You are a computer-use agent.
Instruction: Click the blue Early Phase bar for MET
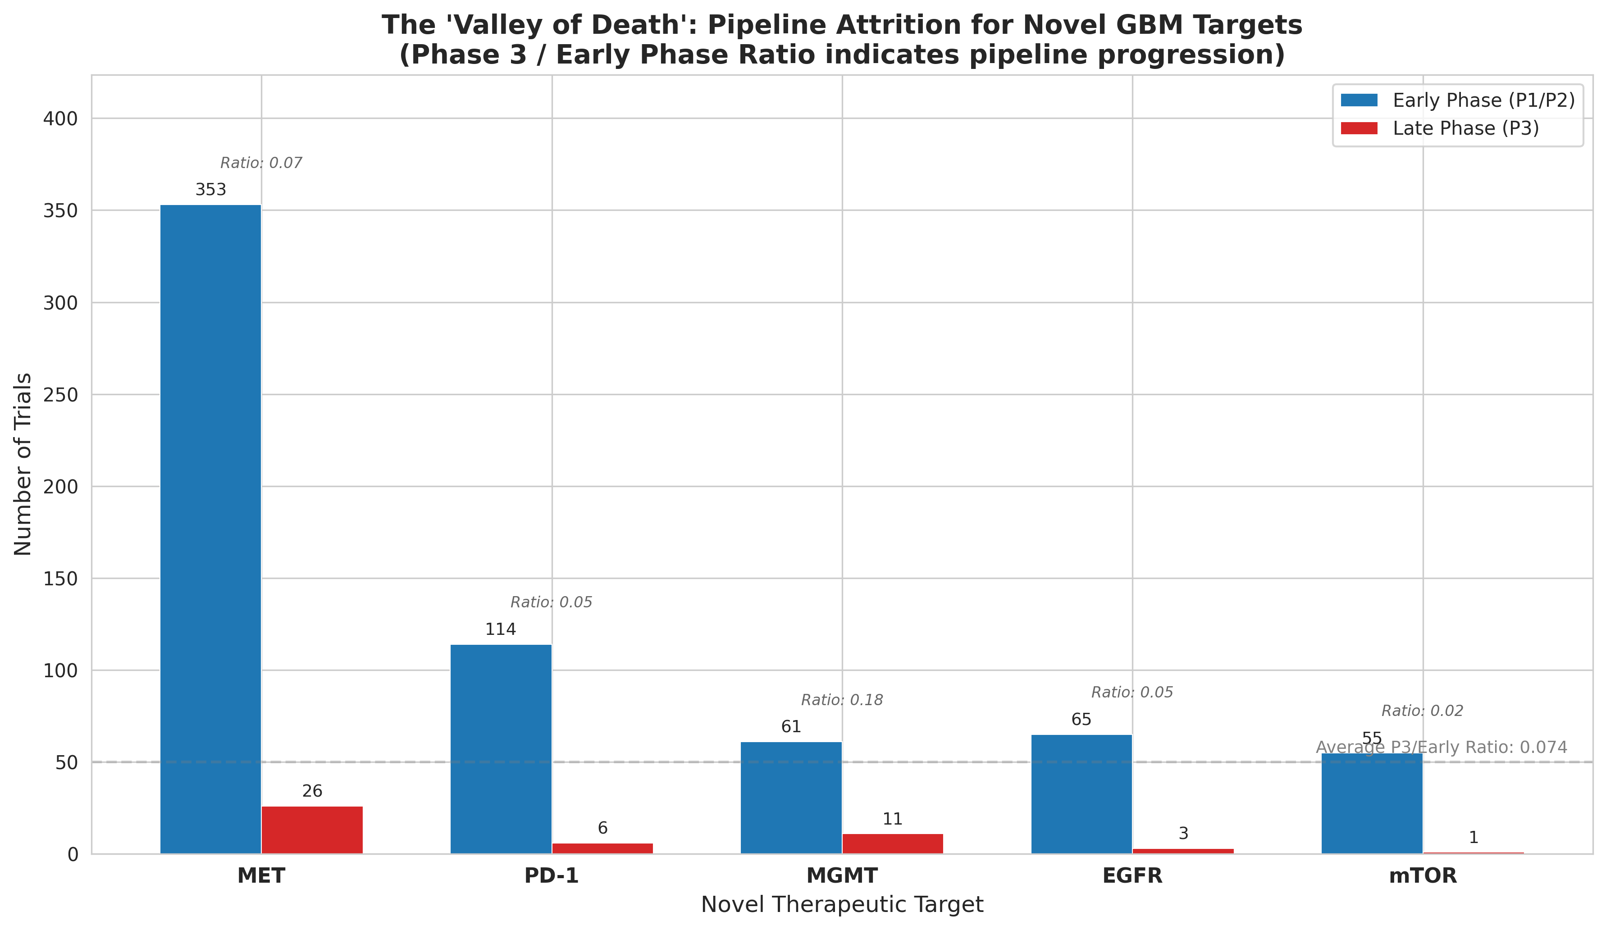(210, 529)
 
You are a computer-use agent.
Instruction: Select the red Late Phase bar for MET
(312, 830)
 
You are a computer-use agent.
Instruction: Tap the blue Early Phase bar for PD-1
(501, 749)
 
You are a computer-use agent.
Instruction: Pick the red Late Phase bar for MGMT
(892, 843)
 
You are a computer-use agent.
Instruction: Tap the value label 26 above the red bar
(312, 791)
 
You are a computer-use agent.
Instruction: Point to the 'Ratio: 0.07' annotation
(261, 163)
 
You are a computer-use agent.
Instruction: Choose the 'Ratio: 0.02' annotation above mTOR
(1423, 711)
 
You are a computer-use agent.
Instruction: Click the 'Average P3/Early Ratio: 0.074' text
(1442, 748)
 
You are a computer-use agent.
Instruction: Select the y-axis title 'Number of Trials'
(23, 464)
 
